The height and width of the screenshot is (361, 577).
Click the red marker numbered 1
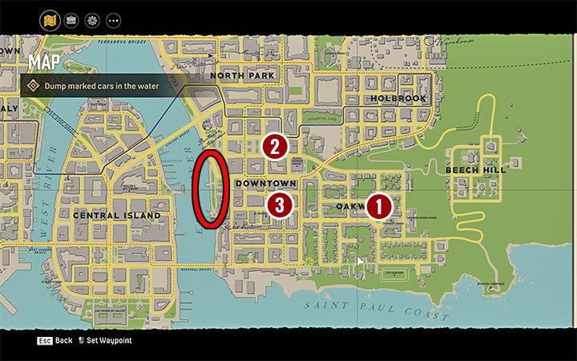379,206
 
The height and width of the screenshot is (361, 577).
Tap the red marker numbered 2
275,146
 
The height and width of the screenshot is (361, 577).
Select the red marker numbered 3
278,205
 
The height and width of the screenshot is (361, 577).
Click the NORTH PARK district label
243,75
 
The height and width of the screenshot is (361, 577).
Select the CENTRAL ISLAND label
116,215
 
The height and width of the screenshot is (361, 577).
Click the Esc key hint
44,340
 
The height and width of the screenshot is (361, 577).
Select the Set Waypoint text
108,340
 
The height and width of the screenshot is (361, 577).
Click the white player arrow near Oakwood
360,261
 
